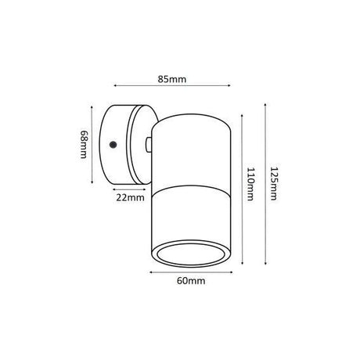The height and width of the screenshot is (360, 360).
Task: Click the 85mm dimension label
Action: click(172, 79)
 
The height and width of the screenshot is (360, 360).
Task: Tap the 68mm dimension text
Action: click(84, 144)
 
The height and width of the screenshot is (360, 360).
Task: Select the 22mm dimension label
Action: click(130, 197)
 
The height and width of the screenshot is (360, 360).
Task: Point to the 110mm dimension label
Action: click(250, 184)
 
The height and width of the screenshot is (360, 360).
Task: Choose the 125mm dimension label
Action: click(273, 184)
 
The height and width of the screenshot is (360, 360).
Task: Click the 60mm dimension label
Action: click(191, 281)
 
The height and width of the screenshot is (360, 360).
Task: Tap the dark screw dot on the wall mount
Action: click(113, 145)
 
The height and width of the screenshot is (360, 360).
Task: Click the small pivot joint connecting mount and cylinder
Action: click(149, 145)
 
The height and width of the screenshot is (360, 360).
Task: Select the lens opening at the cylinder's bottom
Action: click(191, 254)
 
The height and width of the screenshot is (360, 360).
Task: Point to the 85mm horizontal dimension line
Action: click(172, 85)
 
